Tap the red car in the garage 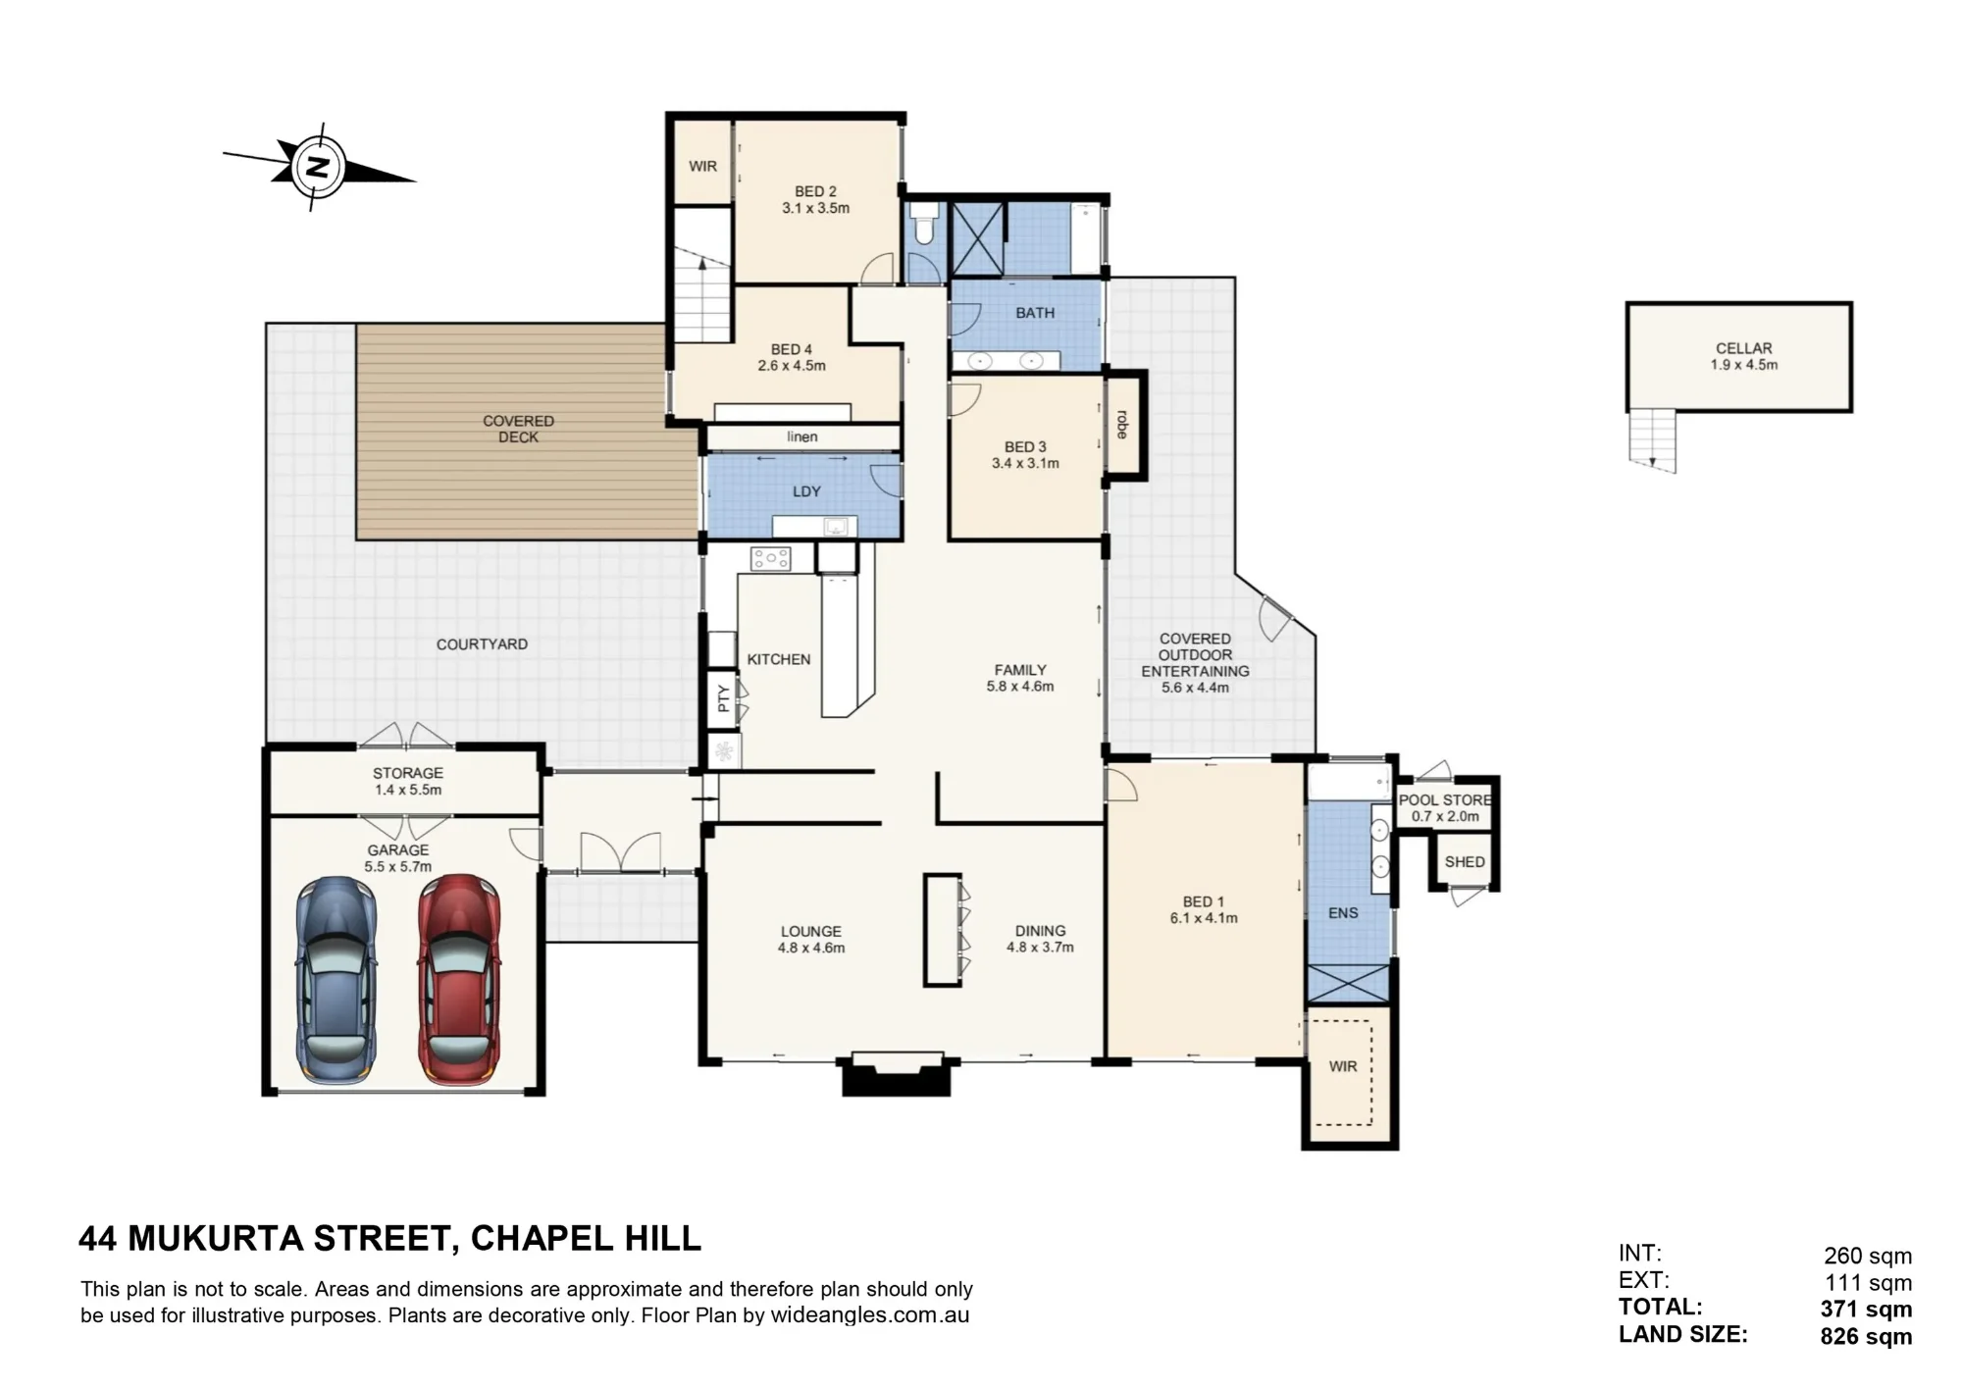coord(459,980)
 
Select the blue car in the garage coord(336,980)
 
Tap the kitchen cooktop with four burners coord(771,559)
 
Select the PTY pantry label coord(724,698)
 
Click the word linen coord(801,437)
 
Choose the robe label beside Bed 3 coord(1122,424)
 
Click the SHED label coord(1465,861)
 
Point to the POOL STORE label coord(1445,800)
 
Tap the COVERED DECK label coord(518,429)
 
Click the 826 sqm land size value coord(1866,1336)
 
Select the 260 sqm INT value coord(1868,1256)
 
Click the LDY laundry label coord(806,491)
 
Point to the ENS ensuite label coord(1343,913)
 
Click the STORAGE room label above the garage coord(408,773)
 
